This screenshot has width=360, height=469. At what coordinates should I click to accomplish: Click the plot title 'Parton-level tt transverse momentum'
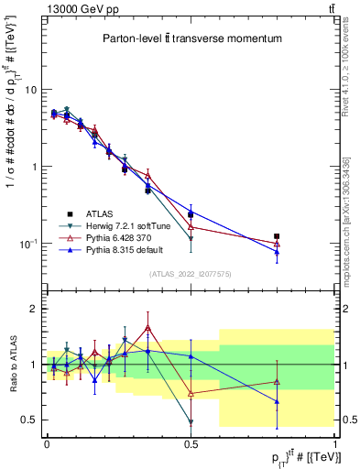click(191, 39)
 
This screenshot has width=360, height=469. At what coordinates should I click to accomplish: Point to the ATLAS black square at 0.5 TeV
click(191, 214)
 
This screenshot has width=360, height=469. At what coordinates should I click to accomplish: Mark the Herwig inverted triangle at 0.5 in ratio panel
click(191, 422)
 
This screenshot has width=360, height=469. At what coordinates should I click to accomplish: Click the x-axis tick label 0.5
click(190, 442)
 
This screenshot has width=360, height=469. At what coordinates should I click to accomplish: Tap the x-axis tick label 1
click(333, 442)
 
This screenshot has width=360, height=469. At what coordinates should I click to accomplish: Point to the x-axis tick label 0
click(46, 442)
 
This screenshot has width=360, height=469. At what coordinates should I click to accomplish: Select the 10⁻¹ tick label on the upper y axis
click(28, 243)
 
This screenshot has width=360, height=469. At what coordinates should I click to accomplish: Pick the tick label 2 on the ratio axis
click(35, 309)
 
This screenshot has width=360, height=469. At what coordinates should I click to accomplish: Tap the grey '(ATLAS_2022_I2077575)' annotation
click(190, 274)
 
